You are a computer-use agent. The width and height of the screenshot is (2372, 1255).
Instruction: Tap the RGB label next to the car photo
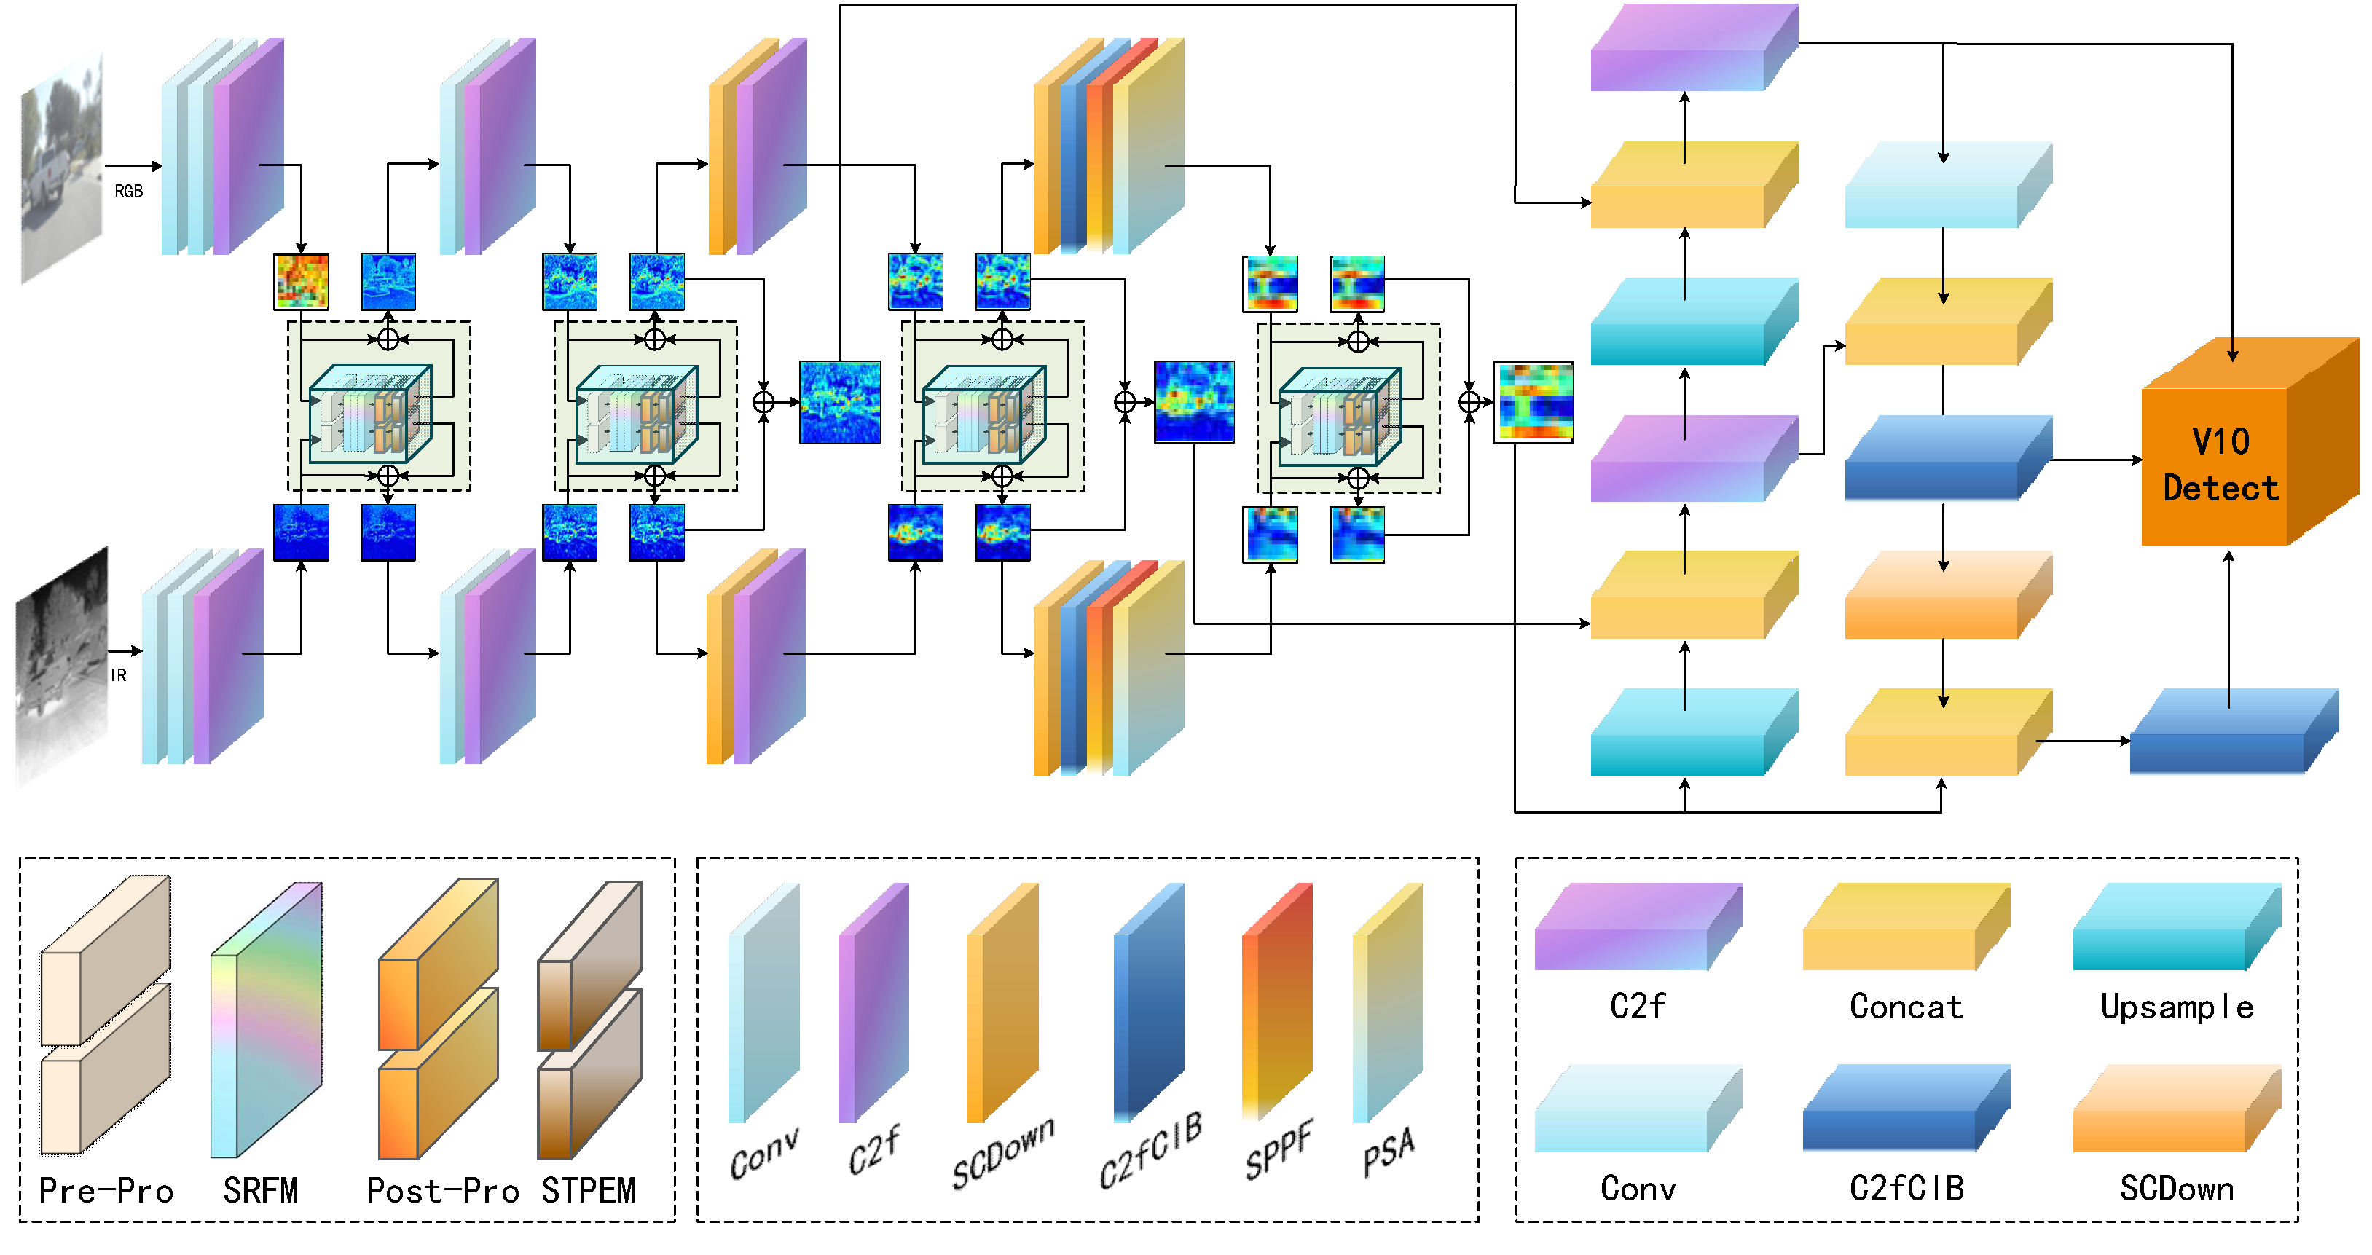point(128,192)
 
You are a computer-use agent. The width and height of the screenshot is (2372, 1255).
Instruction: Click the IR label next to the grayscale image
point(118,675)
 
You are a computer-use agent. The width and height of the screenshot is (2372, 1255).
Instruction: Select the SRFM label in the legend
point(261,1191)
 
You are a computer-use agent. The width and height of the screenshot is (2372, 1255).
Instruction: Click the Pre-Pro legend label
point(106,1191)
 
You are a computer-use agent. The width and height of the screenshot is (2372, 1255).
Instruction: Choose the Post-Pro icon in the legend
point(439,1018)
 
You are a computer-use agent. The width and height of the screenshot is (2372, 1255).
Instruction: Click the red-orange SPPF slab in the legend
point(1276,1004)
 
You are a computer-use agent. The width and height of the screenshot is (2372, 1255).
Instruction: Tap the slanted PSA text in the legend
point(1389,1151)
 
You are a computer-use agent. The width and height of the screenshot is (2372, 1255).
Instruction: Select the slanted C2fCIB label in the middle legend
point(1151,1151)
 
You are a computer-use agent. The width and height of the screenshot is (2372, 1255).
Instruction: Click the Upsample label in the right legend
point(2177,1007)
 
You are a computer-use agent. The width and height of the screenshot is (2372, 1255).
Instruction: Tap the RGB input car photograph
point(62,170)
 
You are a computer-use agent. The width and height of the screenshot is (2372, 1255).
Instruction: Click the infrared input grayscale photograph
point(62,667)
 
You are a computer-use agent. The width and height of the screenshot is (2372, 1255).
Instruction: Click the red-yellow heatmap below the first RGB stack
point(301,282)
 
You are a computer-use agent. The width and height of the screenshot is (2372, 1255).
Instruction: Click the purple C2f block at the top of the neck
point(1692,48)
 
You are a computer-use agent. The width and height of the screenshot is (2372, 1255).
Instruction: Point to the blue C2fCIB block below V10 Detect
point(2232,732)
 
